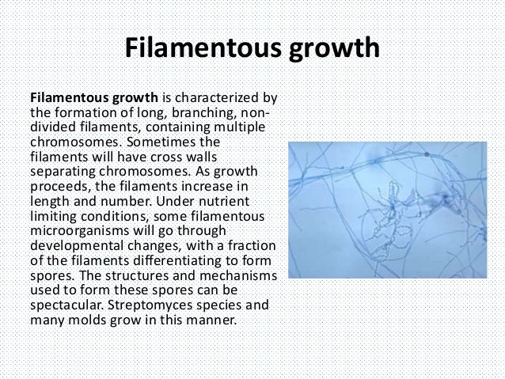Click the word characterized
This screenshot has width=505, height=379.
[x=215, y=99]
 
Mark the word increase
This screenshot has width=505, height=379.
[x=218, y=184]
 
